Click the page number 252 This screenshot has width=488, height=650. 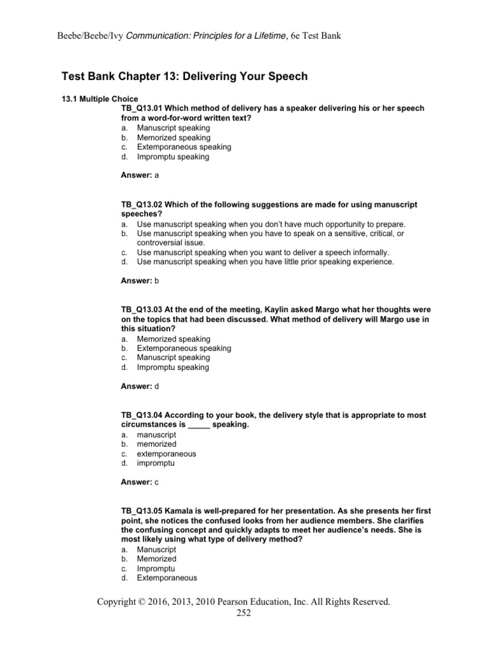[x=244, y=613]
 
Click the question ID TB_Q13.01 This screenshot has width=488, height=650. [x=142, y=109]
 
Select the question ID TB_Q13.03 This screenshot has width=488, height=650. [x=142, y=310]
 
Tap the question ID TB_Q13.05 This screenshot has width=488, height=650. [x=142, y=511]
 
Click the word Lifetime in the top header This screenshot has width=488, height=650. [x=268, y=36]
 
